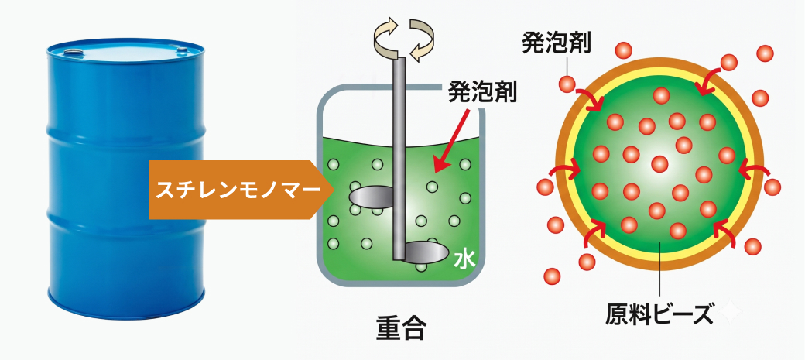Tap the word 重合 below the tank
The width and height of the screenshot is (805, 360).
399,327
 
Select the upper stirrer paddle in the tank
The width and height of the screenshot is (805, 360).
371,196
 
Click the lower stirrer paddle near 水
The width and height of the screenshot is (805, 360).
426,252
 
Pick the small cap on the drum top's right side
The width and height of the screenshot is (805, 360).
182,50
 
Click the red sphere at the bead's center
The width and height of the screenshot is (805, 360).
659,164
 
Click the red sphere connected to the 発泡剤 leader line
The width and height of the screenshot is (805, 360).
567,83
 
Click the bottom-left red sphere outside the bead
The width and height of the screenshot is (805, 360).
552,276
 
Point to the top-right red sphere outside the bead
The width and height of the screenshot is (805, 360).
765,53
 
